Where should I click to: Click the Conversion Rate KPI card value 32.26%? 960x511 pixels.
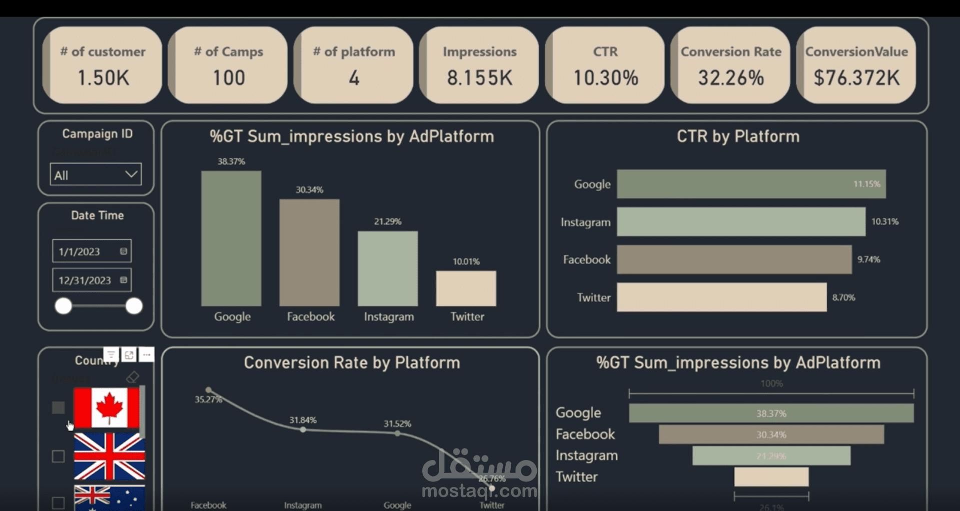click(x=731, y=78)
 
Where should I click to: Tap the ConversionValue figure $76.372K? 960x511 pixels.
click(x=856, y=78)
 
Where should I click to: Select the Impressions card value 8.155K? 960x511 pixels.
click(x=479, y=78)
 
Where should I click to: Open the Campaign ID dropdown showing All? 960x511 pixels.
click(x=96, y=175)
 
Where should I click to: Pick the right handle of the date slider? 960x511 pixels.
click(x=134, y=306)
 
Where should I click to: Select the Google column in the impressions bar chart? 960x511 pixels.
click(x=231, y=238)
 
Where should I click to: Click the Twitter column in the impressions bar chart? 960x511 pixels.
click(x=466, y=288)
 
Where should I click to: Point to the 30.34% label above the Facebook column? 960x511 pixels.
click(x=309, y=190)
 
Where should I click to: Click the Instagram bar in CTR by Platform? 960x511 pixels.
click(x=740, y=222)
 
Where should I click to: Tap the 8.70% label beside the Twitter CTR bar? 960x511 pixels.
click(x=843, y=297)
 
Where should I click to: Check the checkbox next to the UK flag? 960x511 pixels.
click(x=59, y=456)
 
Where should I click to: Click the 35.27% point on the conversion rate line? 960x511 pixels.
click(x=209, y=390)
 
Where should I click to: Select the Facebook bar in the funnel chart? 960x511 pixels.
click(x=771, y=434)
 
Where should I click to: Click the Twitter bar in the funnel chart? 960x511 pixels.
click(x=771, y=477)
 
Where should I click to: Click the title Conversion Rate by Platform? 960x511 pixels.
click(x=352, y=363)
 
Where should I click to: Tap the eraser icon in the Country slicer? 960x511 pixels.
click(x=133, y=377)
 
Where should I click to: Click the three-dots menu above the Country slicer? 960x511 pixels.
click(x=147, y=355)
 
